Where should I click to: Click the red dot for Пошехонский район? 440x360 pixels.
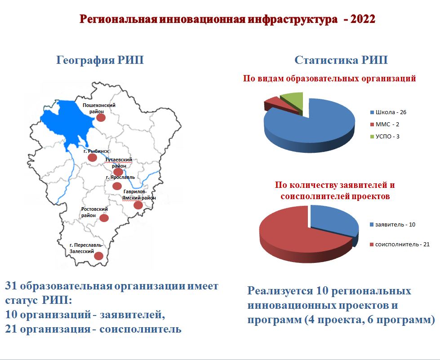pyautogui.click(x=101, y=118)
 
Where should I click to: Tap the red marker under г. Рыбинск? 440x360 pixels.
pyautogui.click(x=92, y=157)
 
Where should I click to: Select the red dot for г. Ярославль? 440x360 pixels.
pyautogui.click(x=117, y=186)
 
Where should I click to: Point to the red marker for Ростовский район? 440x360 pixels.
pyautogui.click(x=104, y=218)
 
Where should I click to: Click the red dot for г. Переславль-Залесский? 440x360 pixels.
pyautogui.click(x=98, y=256)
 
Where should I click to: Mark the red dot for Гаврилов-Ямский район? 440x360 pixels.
pyautogui.click(x=138, y=205)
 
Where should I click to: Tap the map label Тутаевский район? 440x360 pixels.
pyautogui.click(x=118, y=163)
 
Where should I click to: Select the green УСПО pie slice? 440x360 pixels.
pyautogui.click(x=293, y=101)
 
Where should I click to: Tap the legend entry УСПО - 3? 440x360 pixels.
pyautogui.click(x=385, y=136)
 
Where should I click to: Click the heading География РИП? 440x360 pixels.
pyautogui.click(x=100, y=60)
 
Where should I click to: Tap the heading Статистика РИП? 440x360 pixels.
pyautogui.click(x=341, y=60)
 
